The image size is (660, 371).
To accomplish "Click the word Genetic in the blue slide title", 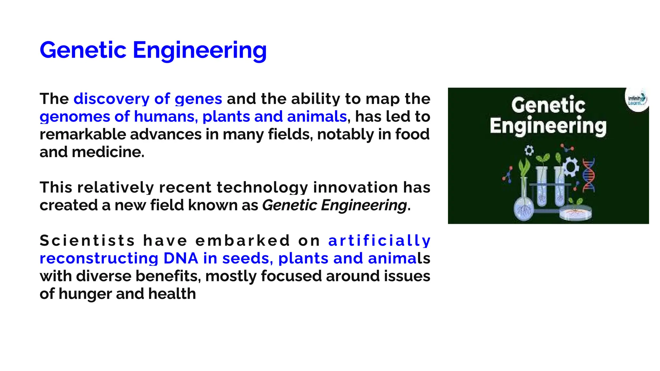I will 83,50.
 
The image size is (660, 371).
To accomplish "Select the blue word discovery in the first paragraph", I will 111,99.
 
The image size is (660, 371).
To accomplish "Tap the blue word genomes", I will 75,117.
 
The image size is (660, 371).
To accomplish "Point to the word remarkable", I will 82,134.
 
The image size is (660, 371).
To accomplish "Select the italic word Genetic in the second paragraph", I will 289,205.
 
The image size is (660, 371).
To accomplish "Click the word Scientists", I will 87,241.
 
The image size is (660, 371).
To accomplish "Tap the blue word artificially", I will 379,241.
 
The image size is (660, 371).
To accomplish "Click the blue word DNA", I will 180,258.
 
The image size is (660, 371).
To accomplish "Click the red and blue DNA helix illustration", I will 588,176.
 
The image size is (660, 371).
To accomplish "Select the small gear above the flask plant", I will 529,150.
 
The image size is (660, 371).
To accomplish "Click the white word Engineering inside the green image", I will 548,126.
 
